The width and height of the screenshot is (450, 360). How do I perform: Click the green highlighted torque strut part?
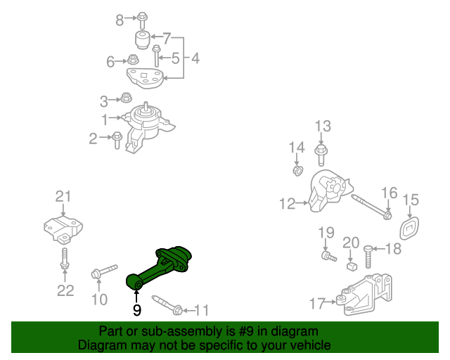coord(163,266)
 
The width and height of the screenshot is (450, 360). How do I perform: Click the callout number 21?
coord(64,196)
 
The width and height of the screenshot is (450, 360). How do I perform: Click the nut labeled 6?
coord(133,59)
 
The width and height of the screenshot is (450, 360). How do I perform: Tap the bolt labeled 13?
coord(321,151)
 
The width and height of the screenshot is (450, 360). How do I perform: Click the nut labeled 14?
coord(297,171)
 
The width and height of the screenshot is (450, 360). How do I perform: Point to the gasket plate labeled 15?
coord(409,229)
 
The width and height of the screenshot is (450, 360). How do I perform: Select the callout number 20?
coord(351,243)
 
